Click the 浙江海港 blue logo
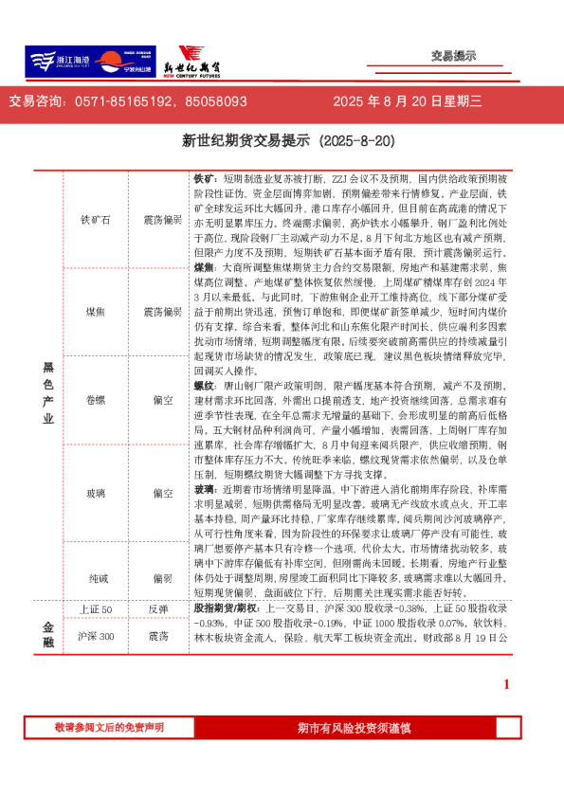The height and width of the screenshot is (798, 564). pyautogui.click(x=59, y=62)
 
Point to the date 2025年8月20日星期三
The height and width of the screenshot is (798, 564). pyautogui.click(x=409, y=101)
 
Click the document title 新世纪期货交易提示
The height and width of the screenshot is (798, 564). pyautogui.click(x=281, y=141)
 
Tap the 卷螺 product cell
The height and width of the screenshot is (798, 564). pyautogui.click(x=96, y=400)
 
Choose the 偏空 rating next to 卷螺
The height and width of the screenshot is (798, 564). pyautogui.click(x=162, y=400)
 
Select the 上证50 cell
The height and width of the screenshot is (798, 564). pyautogui.click(x=96, y=608)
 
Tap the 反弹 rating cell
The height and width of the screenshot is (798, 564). pyautogui.click(x=162, y=608)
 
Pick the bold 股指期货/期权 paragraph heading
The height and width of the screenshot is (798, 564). pyautogui.click(x=227, y=608)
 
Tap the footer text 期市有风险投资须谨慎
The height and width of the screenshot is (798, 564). pyautogui.click(x=354, y=728)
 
